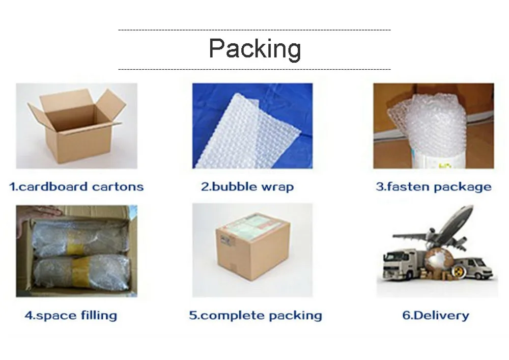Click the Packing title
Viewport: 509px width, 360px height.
point(255,49)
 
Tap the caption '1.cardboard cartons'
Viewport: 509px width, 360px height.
point(76,187)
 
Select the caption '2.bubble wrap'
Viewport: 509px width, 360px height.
point(247,187)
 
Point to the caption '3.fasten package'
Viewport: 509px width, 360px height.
point(434,187)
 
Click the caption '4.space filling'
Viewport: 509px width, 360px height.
point(71,316)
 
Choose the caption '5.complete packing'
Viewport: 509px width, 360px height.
point(256,316)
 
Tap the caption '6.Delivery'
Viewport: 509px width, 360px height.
point(436,315)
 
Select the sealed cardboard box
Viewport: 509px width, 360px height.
point(253,247)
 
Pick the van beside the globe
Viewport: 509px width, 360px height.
point(474,268)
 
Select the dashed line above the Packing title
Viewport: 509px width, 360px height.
point(254,30)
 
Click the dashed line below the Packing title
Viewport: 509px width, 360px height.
point(254,69)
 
